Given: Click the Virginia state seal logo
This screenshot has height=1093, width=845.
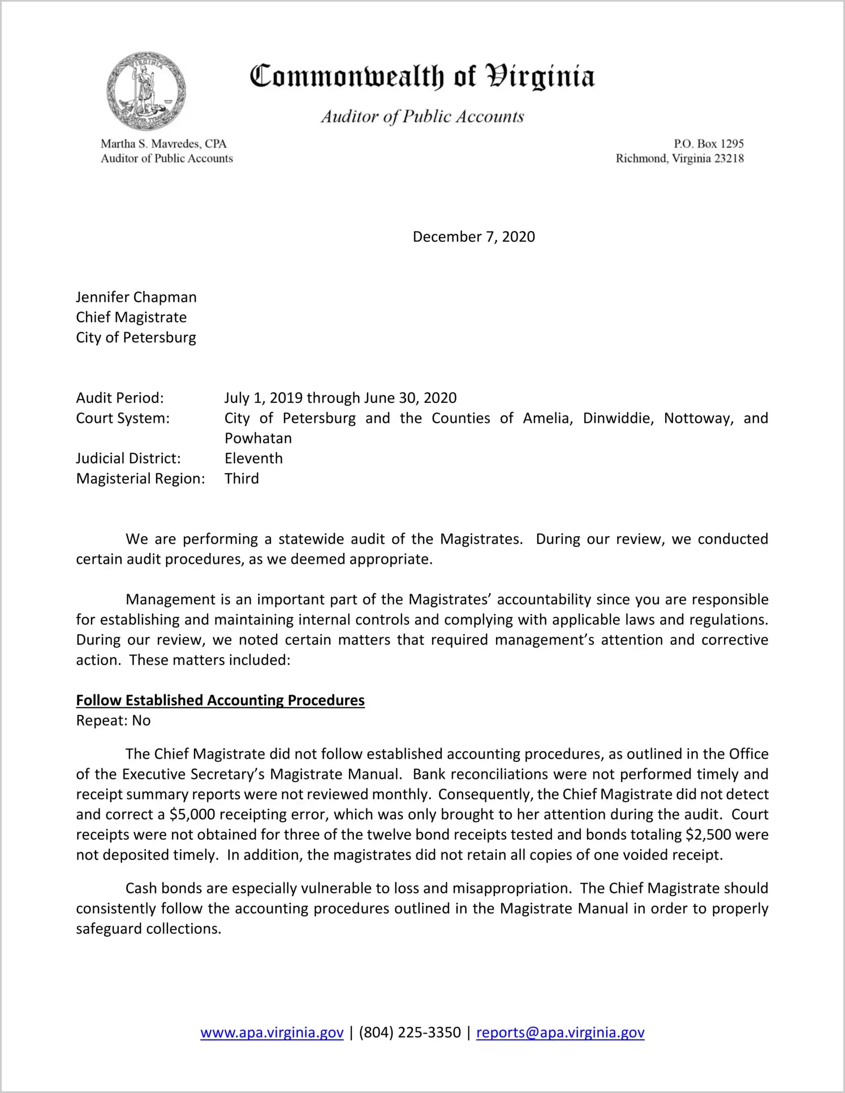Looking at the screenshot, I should click(x=146, y=91).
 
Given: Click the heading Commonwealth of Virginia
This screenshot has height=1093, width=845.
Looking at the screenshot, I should click(x=422, y=77).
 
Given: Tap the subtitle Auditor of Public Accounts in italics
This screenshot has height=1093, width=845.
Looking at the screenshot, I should click(x=422, y=117).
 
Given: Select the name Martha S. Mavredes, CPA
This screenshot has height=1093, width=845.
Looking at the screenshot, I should click(x=163, y=144).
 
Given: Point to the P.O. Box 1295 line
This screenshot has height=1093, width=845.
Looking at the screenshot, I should click(x=708, y=144).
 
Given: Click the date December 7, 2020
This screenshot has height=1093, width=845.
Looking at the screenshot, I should click(x=473, y=237).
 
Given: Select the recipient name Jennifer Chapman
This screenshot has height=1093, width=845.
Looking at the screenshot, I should click(x=136, y=297).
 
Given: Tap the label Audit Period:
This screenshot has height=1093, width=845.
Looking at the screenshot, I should click(x=120, y=398).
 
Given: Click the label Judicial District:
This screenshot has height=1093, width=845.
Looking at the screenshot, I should click(x=128, y=458).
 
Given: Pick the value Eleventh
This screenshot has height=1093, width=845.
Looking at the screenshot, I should click(x=253, y=458).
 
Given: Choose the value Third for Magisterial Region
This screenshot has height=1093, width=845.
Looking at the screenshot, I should click(x=242, y=479).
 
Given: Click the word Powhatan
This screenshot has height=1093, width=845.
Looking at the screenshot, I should click(x=258, y=439).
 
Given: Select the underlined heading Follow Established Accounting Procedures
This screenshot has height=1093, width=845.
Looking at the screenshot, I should click(x=220, y=701).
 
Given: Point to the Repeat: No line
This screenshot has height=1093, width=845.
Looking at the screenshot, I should click(x=113, y=721).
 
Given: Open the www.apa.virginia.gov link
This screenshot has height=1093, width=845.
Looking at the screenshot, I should click(x=271, y=1032).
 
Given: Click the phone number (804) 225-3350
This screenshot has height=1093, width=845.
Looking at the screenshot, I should click(x=409, y=1032).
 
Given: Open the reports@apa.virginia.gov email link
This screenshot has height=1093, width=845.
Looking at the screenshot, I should click(x=560, y=1032).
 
